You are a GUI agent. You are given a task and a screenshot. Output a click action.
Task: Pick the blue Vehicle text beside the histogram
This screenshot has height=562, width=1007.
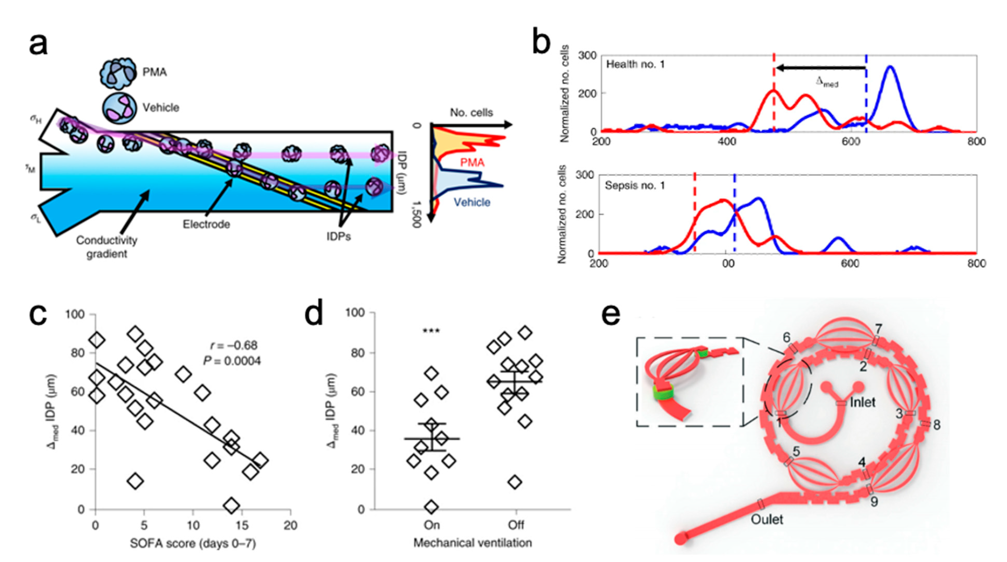pyautogui.click(x=472, y=202)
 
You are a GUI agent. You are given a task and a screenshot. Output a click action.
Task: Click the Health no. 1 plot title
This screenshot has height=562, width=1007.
pyautogui.click(x=635, y=64)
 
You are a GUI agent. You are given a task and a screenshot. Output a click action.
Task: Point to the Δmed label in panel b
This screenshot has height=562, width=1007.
pyautogui.click(x=827, y=82)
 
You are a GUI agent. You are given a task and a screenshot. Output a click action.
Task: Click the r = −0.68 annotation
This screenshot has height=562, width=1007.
pyautogui.click(x=234, y=345)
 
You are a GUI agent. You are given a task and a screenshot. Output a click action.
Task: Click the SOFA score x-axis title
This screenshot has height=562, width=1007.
pyautogui.click(x=193, y=544)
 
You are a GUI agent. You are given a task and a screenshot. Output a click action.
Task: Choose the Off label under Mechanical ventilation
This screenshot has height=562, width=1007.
pyautogui.click(x=516, y=525)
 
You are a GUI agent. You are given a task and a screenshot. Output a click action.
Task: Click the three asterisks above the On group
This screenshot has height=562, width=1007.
pyautogui.click(x=431, y=331)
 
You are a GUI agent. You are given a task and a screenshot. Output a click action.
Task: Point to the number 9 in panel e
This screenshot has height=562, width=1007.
pyautogui.click(x=874, y=501)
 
